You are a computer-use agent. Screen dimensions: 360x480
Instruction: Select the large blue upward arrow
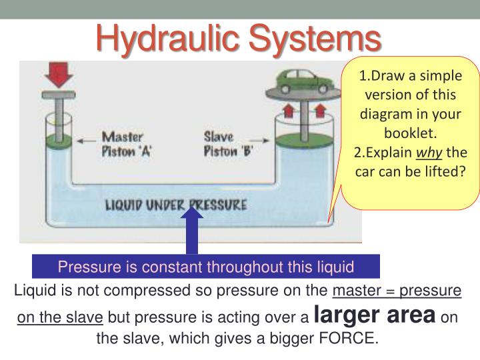pyautogui.click(x=193, y=230)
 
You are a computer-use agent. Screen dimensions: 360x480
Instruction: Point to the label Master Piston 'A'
pyautogui.click(x=127, y=143)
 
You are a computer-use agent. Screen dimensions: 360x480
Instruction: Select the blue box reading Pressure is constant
pyautogui.click(x=205, y=267)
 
